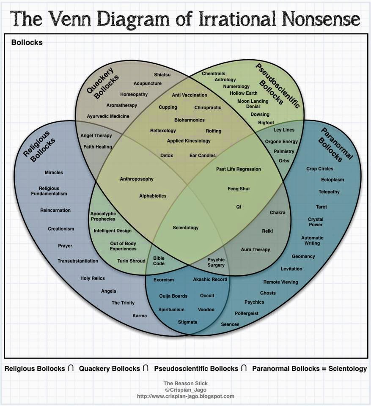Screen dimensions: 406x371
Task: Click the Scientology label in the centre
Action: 186,228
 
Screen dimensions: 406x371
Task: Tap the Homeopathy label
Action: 134,94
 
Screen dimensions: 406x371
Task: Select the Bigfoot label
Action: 266,123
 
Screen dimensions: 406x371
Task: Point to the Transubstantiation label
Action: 78,261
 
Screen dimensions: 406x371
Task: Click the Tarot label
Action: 321,207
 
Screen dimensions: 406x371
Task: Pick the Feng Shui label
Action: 239,189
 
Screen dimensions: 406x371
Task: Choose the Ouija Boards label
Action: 173,296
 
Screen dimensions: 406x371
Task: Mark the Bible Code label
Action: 159,261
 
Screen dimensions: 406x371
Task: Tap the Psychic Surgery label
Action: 216,262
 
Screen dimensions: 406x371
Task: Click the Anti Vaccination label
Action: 190,95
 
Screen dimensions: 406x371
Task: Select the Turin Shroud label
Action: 131,261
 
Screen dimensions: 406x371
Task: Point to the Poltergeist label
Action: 247,313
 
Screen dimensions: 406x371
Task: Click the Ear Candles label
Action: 202,156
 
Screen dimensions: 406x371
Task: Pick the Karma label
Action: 140,316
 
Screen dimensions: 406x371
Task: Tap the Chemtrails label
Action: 213,74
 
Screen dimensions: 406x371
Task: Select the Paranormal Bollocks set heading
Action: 336,144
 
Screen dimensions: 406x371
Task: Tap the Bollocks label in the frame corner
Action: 27,42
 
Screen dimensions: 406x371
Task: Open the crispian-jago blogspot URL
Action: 185,396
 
